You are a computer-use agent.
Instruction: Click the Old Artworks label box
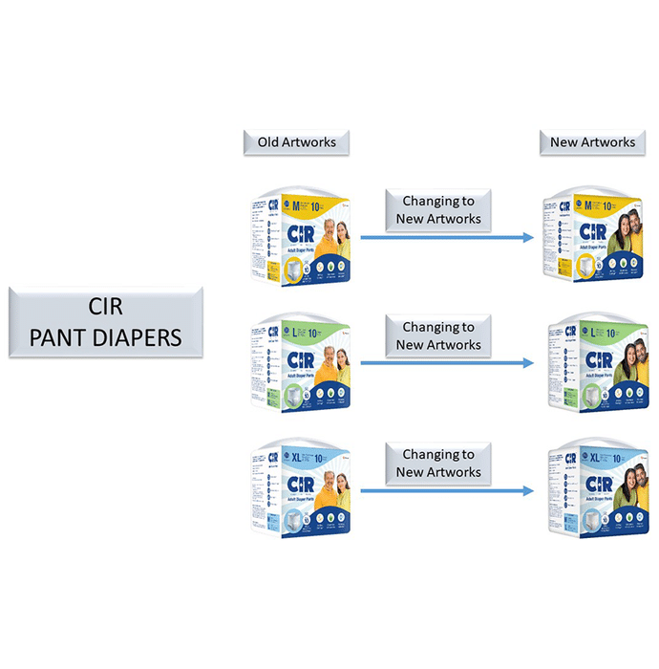tap(297, 142)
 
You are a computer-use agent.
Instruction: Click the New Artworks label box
tap(592, 142)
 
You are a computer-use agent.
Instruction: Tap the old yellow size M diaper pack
tap(299, 235)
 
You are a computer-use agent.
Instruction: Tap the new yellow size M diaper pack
tap(592, 235)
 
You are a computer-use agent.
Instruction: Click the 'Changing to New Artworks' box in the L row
tap(438, 336)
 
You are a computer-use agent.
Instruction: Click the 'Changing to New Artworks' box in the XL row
tap(438, 464)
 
